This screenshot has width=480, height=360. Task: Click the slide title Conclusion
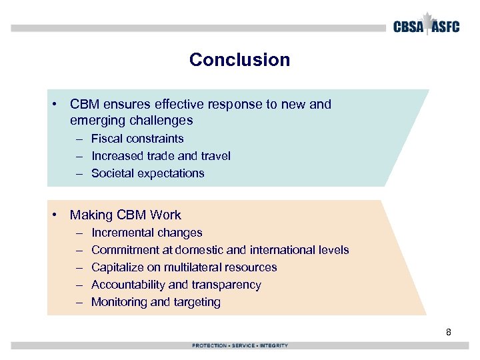coord(239,60)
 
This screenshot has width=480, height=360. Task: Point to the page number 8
coord(449,331)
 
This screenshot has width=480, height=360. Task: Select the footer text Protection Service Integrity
coord(240,345)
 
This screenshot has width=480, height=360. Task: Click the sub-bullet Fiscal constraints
coord(137,139)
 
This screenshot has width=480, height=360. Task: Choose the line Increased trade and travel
coord(161,156)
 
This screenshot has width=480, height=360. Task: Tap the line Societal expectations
coord(147,173)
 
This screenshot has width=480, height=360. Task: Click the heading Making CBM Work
coord(125,215)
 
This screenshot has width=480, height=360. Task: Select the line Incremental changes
coord(147,233)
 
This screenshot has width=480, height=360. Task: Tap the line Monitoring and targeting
coord(155,302)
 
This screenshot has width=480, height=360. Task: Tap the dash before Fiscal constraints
coord(79,139)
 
